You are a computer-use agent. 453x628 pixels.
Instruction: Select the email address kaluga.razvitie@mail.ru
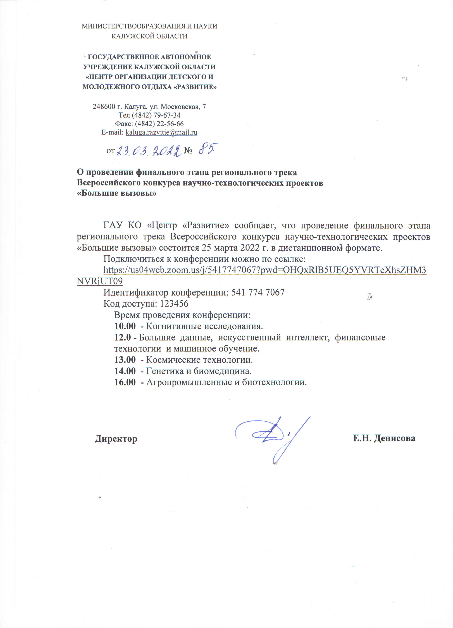[161, 132]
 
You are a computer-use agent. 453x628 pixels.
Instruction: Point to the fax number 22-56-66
[170, 124]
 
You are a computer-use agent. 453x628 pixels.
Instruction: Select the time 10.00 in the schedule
[125, 326]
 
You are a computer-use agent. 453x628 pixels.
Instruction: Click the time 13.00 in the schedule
[125, 360]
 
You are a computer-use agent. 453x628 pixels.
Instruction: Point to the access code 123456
[174, 303]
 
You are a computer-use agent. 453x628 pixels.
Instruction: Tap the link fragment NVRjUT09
[100, 281]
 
